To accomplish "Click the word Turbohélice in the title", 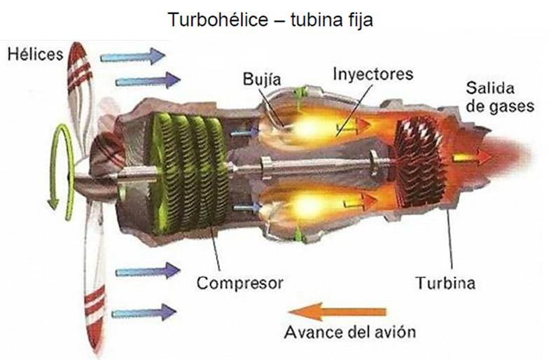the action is coord(218,20).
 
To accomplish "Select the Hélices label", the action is coord(35,55).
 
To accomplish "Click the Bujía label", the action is coord(262,79).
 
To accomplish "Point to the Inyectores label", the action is coord(373,74).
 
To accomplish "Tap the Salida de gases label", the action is coord(500,97).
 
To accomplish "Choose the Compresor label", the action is coord(239,283).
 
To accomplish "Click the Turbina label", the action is coord(445,282).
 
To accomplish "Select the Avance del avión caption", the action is coord(350,332).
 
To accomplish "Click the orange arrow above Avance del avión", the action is coord(337,311).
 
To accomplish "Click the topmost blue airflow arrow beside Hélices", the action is coord(133,56).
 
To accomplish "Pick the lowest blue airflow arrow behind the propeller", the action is coord(144,312).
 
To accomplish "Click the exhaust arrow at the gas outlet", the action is coord(473,158).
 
